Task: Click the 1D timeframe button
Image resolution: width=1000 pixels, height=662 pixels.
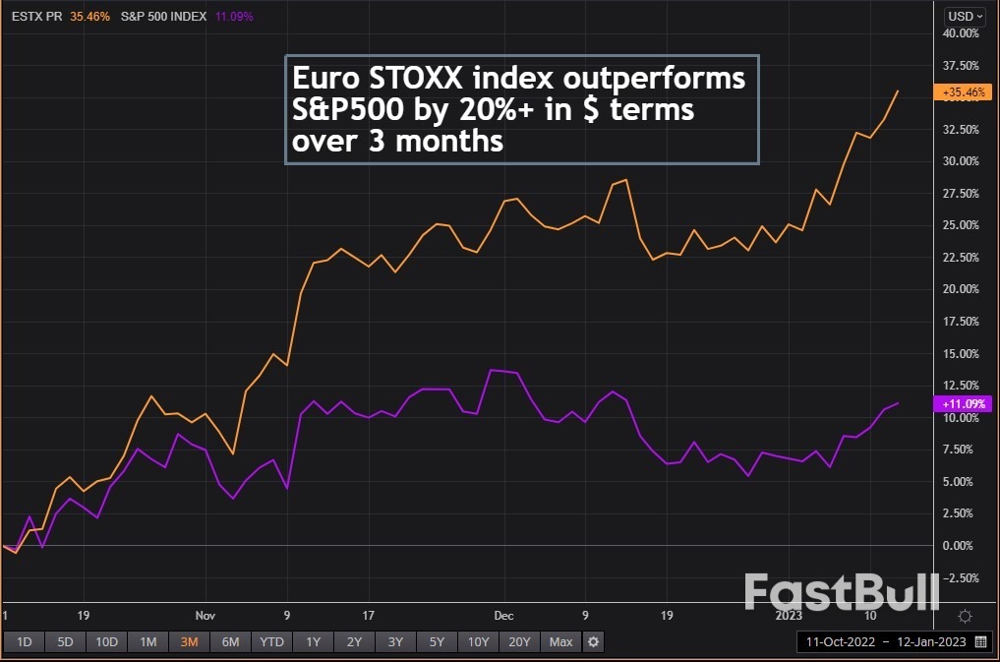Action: [x=25, y=642]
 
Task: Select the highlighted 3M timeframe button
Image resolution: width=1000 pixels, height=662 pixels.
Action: [x=189, y=642]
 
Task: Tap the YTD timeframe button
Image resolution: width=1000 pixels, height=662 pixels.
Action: [x=271, y=642]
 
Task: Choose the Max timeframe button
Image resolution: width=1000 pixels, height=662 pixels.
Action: [x=560, y=642]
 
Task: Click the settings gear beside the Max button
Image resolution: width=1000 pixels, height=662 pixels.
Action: [x=593, y=642]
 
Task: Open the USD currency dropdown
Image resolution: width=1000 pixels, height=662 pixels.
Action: [x=963, y=16]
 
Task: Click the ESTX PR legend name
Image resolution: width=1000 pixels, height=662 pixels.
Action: [x=35, y=16]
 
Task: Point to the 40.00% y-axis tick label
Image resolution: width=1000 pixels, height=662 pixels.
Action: [x=960, y=33]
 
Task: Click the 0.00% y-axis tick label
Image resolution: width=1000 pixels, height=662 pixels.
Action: [x=962, y=545]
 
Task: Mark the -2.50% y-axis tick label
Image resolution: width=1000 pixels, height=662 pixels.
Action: [x=960, y=576]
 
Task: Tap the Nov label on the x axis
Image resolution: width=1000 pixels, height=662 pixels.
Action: [x=206, y=616]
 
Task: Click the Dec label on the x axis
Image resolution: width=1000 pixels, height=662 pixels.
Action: [x=504, y=616]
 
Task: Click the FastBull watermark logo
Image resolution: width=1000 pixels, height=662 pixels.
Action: [x=841, y=592]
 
